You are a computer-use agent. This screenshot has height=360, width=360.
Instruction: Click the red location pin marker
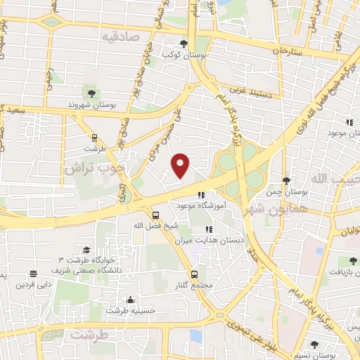coord(181,165)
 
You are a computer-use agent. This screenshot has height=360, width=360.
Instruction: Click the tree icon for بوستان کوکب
coord(184,43)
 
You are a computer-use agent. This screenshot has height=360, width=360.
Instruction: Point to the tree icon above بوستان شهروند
coord(91,93)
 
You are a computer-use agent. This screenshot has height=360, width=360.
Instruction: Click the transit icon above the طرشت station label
coord(94,138)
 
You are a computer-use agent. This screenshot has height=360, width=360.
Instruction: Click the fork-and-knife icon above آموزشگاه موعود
coord(200,195)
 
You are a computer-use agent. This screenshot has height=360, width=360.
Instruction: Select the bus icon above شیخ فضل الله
coord(155,215)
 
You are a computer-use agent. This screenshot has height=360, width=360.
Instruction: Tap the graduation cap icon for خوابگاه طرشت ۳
coord(86,250)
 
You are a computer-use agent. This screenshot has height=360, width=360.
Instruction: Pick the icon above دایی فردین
coord(32,275)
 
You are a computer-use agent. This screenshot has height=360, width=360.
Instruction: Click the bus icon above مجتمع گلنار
coord(194,274)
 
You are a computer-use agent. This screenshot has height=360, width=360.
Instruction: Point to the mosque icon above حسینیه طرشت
coord(129,300)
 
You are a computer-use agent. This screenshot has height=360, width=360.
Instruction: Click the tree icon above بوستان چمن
coord(285,180)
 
